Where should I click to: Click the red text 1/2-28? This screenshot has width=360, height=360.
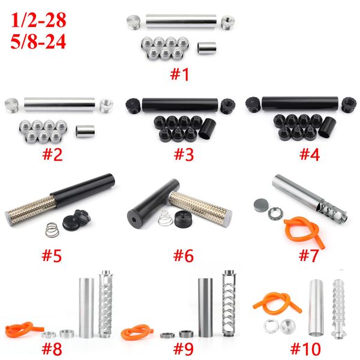pos(38,20)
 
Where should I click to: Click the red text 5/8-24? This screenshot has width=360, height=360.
pos(38,41)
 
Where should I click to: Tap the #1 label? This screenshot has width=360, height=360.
pos(179,74)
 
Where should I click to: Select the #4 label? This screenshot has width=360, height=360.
pos(310,154)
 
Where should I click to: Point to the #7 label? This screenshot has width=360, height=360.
pos(309,255)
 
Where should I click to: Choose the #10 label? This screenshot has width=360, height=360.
pos(305,349)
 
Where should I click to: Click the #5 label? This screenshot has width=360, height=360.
pos(52,256)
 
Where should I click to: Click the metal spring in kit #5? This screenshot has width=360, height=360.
pos(52,230)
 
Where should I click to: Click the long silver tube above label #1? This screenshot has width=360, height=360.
pos(181,22)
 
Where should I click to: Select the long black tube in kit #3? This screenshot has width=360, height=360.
pos(180,105)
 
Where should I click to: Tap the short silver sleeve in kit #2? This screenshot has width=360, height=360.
pos(85,131)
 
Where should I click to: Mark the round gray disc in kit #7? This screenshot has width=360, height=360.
pos(261,205)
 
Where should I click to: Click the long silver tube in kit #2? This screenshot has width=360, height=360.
pos(59,104)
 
